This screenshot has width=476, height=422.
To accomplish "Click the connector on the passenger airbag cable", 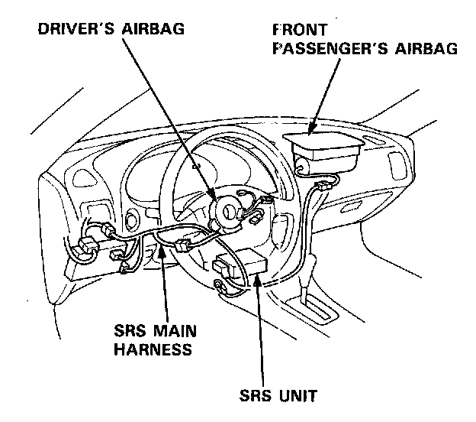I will coord(326,185).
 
